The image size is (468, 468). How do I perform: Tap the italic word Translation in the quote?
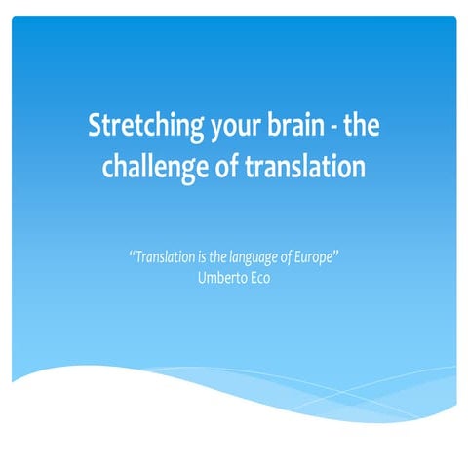click(165, 257)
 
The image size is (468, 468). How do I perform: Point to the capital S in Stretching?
click(95, 126)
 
